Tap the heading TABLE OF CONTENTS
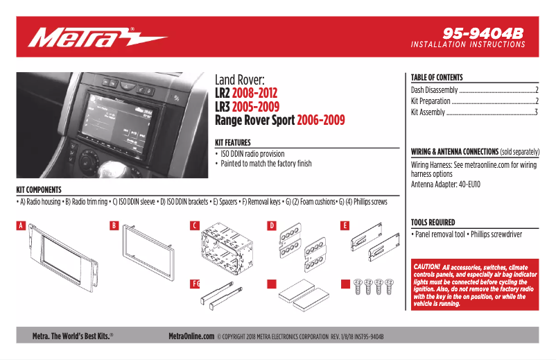pos(437,78)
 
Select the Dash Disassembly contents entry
pos(435,90)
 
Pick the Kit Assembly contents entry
pos(428,112)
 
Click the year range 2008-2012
pos(254,93)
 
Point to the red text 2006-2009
pos(320,120)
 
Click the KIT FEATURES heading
pos(233,142)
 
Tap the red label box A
pos(21,225)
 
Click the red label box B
pos(115,225)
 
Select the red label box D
pos(272,225)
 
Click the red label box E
pos(345,225)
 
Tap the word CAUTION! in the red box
pos(426,267)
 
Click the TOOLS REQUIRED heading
pos(433,223)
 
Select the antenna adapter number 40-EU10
pos(469,185)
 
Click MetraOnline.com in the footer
pos(191,336)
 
